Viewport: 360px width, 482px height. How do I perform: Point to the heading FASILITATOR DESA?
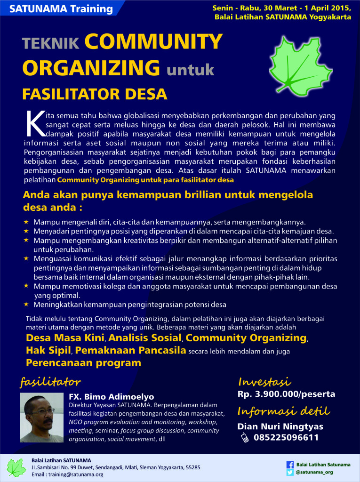[95, 94]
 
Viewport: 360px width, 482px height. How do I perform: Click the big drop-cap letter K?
[33, 125]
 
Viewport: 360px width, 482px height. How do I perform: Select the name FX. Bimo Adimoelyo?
[112, 397]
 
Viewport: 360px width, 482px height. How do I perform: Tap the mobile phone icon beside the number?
[245, 438]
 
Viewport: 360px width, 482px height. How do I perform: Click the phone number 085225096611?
[286, 438]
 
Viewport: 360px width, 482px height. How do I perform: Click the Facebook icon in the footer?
[290, 464]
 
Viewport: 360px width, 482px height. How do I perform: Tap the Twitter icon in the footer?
[290, 472]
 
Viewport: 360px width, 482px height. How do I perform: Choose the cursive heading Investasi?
[264, 381]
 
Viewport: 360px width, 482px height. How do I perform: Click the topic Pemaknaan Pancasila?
[131, 351]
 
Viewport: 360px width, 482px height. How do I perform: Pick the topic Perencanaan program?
[83, 363]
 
